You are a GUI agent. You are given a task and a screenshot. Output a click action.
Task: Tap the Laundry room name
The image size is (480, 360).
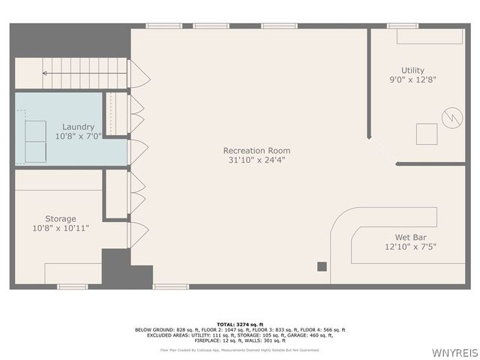78,127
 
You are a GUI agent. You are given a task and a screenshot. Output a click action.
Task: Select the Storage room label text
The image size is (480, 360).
60,219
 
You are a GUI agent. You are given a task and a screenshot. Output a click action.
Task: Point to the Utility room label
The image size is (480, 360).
412,70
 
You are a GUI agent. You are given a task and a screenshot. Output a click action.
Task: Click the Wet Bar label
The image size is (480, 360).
410,237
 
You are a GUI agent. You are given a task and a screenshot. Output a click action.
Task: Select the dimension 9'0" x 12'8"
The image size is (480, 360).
412,79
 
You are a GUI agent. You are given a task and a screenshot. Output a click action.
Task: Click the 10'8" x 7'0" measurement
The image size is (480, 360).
78,136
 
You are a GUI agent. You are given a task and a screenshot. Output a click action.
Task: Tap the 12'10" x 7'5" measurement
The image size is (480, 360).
410,246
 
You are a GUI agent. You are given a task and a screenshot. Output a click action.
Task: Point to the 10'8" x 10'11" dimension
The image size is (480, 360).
60,228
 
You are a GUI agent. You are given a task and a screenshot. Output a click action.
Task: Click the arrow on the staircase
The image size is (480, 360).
45,73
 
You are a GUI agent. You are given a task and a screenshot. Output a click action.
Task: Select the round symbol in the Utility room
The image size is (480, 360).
452,118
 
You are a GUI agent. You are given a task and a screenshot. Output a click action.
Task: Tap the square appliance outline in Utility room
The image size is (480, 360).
427,134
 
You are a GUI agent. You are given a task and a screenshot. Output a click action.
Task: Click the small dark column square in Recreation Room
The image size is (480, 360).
322,265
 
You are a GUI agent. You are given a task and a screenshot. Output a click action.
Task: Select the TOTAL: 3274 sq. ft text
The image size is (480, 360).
240,324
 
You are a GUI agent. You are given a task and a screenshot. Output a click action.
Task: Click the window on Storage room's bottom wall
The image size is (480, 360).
73,286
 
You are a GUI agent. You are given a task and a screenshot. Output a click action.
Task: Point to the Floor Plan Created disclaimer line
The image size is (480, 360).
240,349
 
